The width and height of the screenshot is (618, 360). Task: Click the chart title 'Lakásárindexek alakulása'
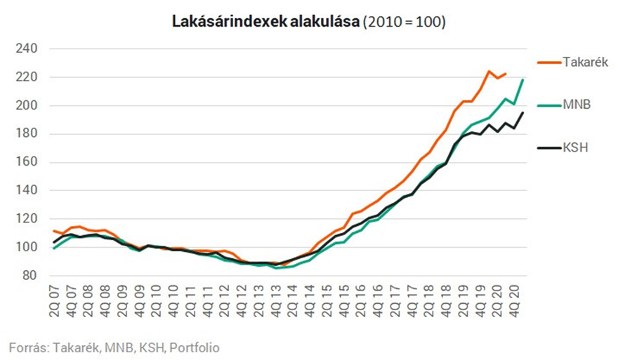265,22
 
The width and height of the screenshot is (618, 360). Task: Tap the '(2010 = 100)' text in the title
404,22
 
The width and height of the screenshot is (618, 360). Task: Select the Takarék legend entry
585,62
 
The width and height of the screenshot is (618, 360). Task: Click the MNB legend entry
577,105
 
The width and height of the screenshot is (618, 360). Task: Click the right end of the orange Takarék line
506,73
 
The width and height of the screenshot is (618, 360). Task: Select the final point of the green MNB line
522,80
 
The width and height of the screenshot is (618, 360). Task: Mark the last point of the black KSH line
522,113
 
